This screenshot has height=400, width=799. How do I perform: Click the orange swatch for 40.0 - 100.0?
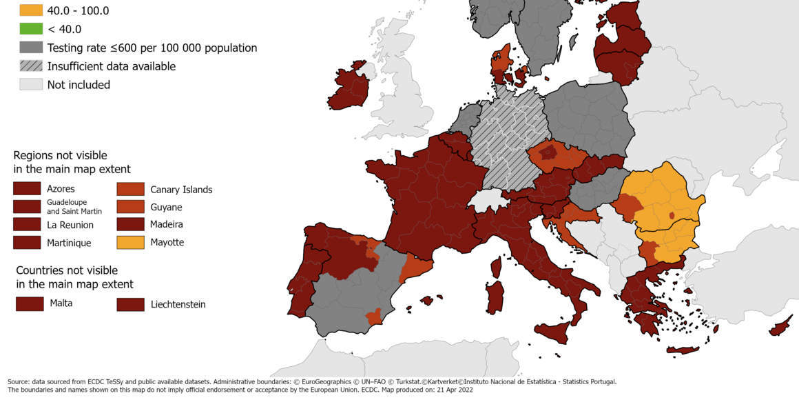(31, 10)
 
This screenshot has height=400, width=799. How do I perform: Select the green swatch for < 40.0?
(31, 29)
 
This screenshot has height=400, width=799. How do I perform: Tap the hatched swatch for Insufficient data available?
(31, 66)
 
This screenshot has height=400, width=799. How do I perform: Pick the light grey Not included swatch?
(31, 85)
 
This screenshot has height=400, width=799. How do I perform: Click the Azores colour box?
(27, 188)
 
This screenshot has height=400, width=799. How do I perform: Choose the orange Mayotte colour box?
(130, 242)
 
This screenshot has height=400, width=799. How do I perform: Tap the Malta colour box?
(30, 303)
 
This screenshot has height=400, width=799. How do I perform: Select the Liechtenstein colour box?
(130, 304)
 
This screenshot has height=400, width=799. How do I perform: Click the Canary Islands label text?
(181, 190)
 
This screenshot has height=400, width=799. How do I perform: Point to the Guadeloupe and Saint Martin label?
(74, 206)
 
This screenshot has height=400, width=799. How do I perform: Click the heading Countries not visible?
(67, 270)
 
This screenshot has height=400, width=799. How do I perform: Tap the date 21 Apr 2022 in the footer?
(450, 390)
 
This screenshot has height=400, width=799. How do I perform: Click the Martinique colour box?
(27, 242)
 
